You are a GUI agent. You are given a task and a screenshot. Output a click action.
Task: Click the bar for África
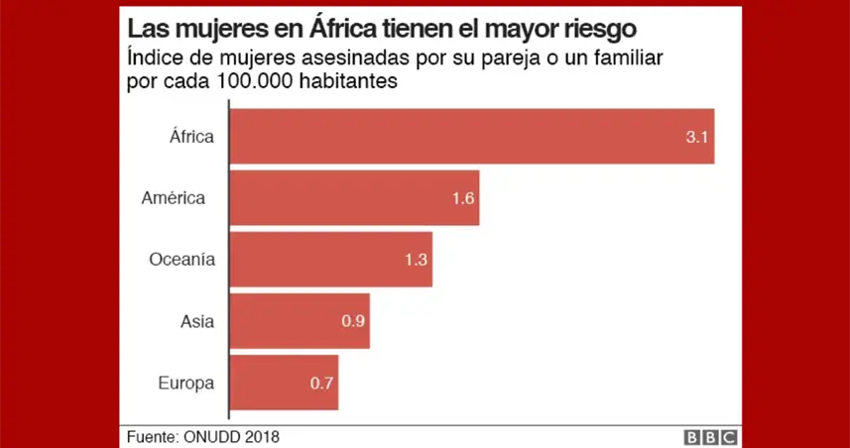click(471, 136)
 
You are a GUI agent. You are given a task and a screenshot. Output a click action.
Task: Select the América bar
click(354, 197)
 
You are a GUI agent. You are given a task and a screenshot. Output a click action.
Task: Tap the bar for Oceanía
click(330, 260)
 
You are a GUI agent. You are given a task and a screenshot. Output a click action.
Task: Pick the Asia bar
click(300, 321)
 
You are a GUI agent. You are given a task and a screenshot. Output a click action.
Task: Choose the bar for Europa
click(284, 383)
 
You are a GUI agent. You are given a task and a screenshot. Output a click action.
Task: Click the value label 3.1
click(695, 137)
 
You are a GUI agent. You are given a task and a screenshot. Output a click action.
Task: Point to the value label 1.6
click(463, 198)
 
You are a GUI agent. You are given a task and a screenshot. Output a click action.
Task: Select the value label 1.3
click(416, 260)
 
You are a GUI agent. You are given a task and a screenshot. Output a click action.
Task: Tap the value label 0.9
click(352, 321)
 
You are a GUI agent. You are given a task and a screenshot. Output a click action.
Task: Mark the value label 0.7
click(321, 383)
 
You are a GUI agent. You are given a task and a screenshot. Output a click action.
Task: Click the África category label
click(191, 136)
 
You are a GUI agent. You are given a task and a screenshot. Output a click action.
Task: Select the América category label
click(174, 197)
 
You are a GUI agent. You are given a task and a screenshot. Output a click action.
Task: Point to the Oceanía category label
click(182, 260)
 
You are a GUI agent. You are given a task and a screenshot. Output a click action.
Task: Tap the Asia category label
click(197, 321)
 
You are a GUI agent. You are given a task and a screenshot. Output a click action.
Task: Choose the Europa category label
click(186, 383)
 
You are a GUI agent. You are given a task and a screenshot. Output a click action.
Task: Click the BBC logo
click(708, 436)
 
